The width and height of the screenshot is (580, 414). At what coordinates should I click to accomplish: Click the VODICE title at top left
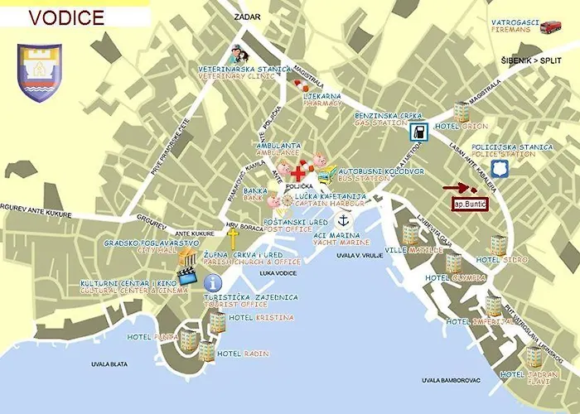pyautogui.click(x=66, y=17)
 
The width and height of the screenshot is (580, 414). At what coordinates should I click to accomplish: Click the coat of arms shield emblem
pyautogui.click(x=40, y=72)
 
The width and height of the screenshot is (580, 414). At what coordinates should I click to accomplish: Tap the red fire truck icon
pyautogui.click(x=550, y=27)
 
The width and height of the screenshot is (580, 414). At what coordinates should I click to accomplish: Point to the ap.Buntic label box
pyautogui.click(x=469, y=204)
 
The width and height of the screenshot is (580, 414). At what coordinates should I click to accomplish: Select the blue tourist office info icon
pyautogui.click(x=212, y=282)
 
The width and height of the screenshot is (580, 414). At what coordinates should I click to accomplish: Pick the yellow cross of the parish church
pyautogui.click(x=232, y=235)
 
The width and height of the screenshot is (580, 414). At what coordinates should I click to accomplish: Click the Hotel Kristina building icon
pyautogui.click(x=217, y=322)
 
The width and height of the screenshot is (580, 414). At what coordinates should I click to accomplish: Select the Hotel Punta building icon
pyautogui.click(x=190, y=339)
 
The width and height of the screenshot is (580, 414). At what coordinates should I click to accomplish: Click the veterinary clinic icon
pyautogui.click(x=237, y=56)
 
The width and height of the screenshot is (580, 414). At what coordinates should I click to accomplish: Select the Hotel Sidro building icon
pyautogui.click(x=498, y=244)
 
